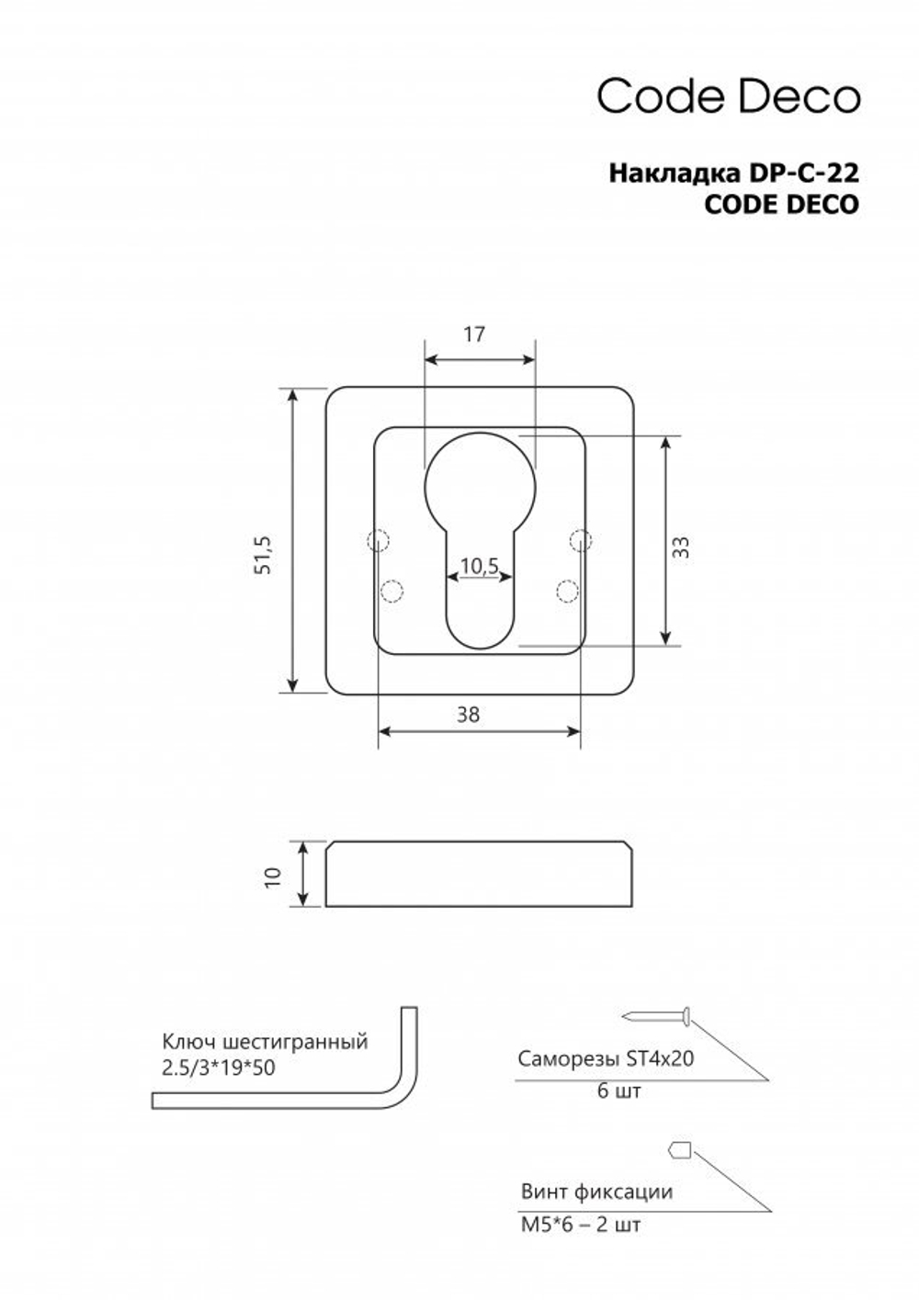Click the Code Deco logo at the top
coord(729,96)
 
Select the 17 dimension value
coord(473,334)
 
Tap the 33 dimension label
coord(680,548)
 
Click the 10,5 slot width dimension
coord(479,566)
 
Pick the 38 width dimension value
coord(468,714)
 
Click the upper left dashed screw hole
coord(377,540)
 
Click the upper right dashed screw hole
coord(579,540)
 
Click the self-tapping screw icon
coord(657,1016)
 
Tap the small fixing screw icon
coord(679,1149)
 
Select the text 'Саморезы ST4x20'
coord(606,1057)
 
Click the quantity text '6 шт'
coord(618,1091)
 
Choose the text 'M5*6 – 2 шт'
coord(580,1225)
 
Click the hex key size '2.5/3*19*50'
coord(219,1068)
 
